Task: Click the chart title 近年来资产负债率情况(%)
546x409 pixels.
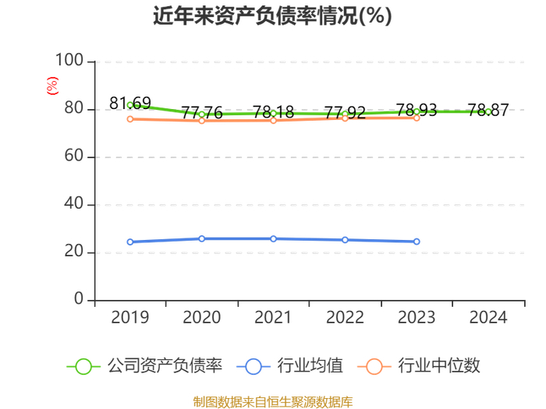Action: tap(272, 16)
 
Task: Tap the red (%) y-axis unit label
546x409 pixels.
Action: tap(52, 86)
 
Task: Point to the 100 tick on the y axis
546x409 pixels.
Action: tap(69, 60)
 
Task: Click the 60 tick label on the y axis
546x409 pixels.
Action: tap(74, 156)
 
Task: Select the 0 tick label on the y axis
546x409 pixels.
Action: tap(79, 298)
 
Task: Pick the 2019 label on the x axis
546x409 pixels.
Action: tap(130, 318)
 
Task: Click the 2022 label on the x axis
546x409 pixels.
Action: tap(345, 318)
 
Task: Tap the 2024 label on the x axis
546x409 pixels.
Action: tap(488, 318)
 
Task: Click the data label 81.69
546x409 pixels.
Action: tap(130, 104)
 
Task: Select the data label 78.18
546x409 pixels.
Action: tap(273, 112)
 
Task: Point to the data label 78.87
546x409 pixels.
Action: tap(488, 111)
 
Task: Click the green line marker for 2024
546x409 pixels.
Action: tap(488, 111)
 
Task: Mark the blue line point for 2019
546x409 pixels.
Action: tap(130, 242)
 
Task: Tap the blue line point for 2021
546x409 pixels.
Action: tap(273, 239)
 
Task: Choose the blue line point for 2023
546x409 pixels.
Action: tap(417, 242)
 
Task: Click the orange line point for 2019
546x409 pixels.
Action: tap(130, 119)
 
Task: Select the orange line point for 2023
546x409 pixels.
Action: tap(417, 118)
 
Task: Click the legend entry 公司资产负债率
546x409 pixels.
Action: tap(144, 366)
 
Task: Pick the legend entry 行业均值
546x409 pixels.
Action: tap(289, 366)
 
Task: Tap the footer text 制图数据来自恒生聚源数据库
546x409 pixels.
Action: tap(273, 402)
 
